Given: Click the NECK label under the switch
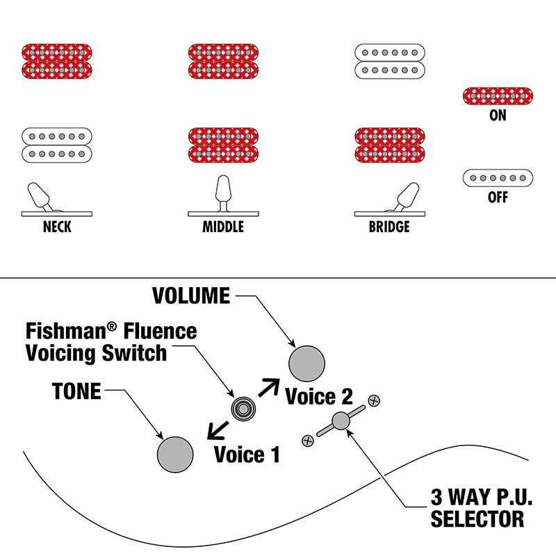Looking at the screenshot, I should [x=57, y=227].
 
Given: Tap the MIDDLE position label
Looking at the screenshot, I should [x=223, y=227].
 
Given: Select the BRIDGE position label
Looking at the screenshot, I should [x=389, y=227].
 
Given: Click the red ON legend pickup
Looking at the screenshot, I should [x=498, y=96].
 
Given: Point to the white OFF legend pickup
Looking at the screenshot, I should [x=498, y=178].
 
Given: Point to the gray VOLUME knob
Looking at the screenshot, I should [x=307, y=363].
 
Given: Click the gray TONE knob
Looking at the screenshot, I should [x=175, y=454].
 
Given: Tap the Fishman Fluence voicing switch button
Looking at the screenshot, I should [x=243, y=409].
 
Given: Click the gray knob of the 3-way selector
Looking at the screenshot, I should [x=341, y=420].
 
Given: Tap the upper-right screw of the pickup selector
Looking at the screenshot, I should [x=374, y=400].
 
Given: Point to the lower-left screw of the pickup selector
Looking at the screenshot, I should [x=307, y=440].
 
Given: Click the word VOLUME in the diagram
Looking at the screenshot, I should [x=191, y=297].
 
